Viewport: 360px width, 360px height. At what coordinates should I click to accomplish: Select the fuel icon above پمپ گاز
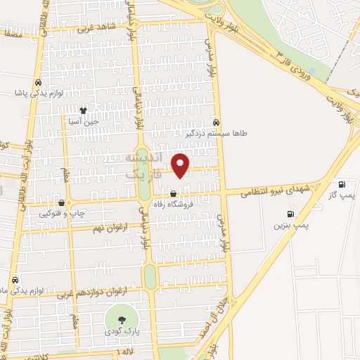click(x=342, y=184)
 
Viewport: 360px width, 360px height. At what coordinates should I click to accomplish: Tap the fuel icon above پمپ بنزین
click(x=289, y=214)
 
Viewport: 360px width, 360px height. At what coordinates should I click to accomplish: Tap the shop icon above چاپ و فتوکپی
click(x=62, y=202)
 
